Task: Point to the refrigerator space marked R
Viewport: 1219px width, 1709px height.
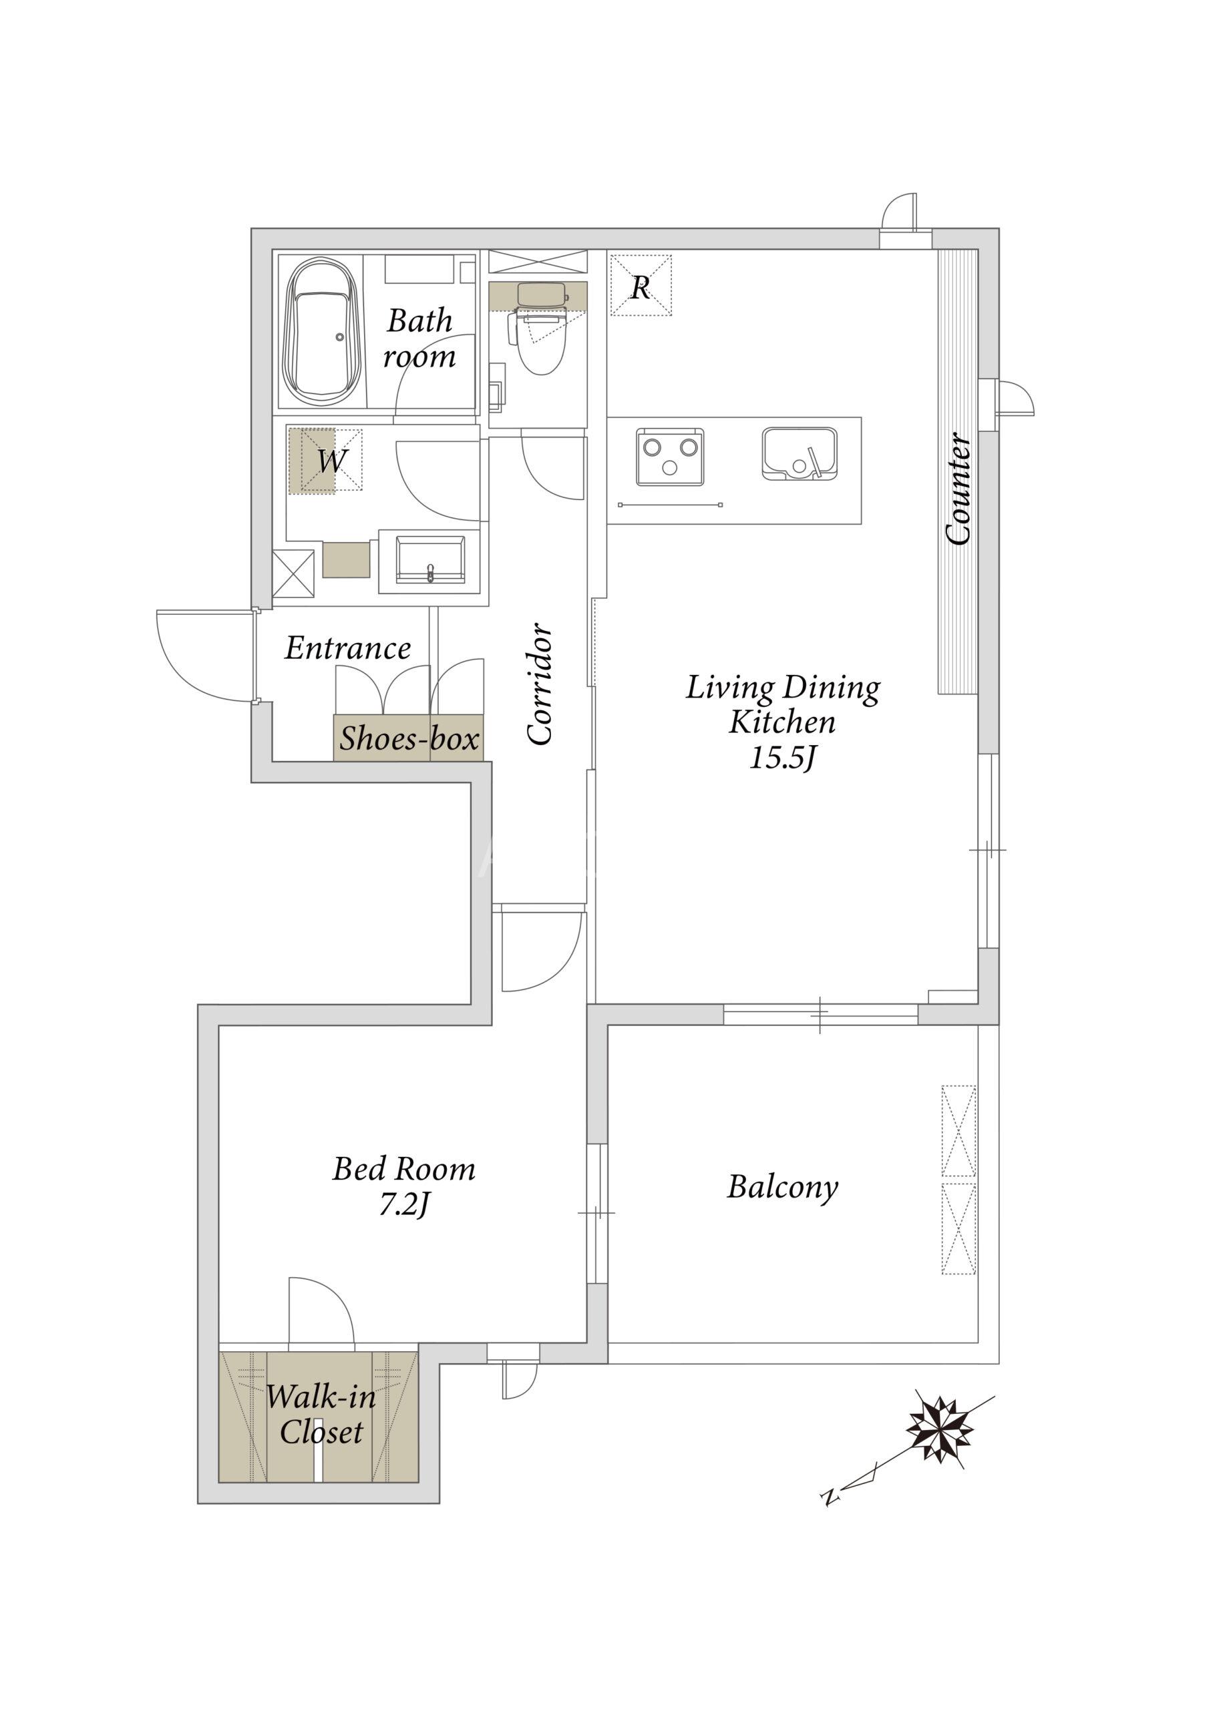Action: click(641, 286)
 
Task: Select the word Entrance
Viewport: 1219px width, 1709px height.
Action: click(347, 648)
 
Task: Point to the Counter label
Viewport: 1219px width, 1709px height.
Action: click(959, 489)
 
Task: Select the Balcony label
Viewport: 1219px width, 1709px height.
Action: click(782, 1187)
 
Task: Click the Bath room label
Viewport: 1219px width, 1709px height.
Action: click(419, 338)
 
